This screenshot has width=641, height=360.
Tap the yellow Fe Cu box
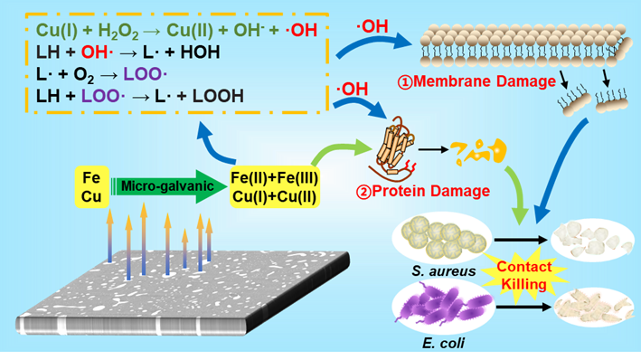click(x=91, y=187)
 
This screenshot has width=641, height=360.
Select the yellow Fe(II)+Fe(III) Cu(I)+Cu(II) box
click(x=274, y=187)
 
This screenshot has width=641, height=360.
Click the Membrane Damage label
click(x=476, y=81)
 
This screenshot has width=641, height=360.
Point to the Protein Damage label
click(x=423, y=191)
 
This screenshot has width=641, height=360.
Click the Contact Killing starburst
click(x=523, y=275)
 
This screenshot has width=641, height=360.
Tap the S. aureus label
click(x=443, y=270)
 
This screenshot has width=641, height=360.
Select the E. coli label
click(x=443, y=343)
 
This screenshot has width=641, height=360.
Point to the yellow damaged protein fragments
click(x=478, y=151)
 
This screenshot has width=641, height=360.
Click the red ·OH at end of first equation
click(x=300, y=30)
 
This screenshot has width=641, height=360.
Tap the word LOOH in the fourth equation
click(x=218, y=96)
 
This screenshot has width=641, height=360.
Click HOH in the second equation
click(x=200, y=52)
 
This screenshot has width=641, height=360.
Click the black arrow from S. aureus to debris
click(x=521, y=240)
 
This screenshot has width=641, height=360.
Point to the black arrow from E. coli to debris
click(x=524, y=307)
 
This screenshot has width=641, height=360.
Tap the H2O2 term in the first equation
click(x=118, y=31)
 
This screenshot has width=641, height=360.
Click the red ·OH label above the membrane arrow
click(x=372, y=26)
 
